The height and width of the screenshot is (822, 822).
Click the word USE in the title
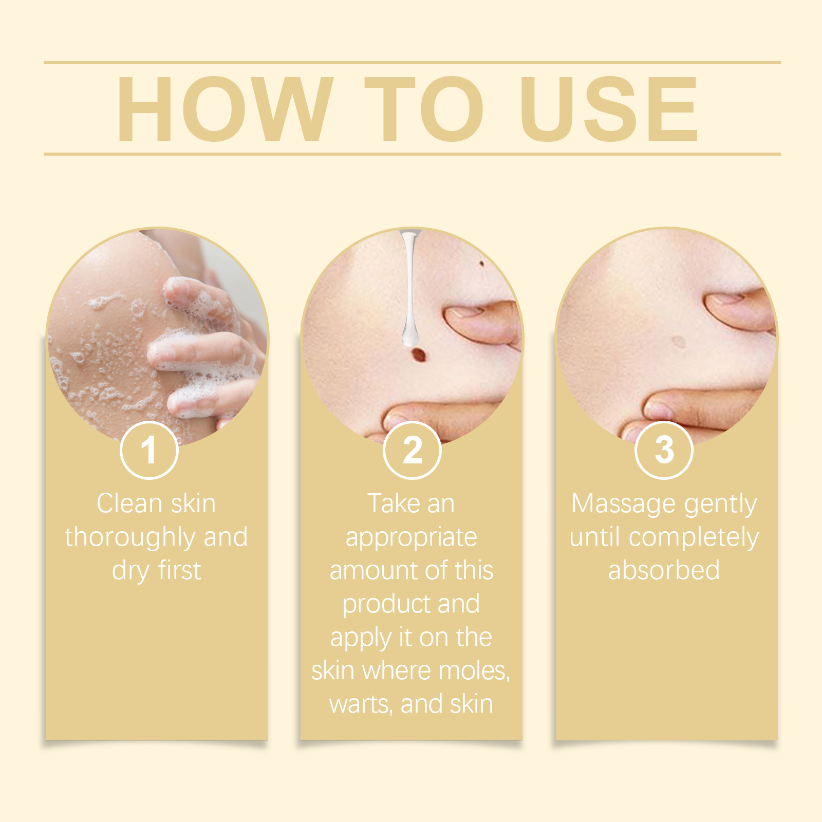click(x=609, y=109)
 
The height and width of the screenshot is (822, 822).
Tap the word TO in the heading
click(x=424, y=109)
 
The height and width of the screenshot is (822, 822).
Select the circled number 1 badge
click(x=149, y=450)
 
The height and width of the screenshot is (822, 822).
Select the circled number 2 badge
click(x=412, y=450)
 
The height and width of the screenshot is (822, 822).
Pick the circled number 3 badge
click(x=664, y=450)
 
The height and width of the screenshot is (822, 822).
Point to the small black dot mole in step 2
click(x=482, y=264)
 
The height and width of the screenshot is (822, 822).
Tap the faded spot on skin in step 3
click(x=679, y=342)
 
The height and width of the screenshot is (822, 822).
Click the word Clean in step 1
click(x=129, y=503)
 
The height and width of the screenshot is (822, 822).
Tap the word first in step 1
click(x=179, y=570)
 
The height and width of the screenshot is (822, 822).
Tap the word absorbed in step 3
click(x=664, y=570)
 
